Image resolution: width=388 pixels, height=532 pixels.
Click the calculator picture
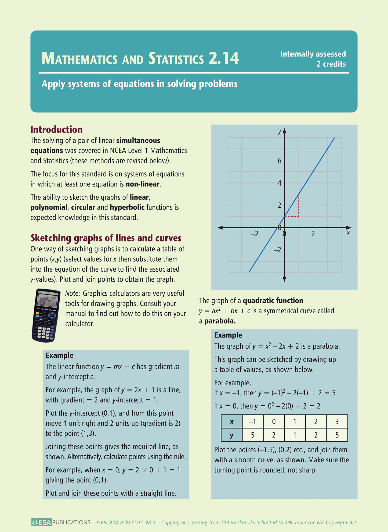(x=46, y=315)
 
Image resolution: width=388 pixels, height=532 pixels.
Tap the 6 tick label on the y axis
(x=280, y=161)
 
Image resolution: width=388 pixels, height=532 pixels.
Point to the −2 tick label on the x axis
(x=254, y=234)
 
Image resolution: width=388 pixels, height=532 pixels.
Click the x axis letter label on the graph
(x=348, y=233)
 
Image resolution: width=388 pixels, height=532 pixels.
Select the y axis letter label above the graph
(x=280, y=131)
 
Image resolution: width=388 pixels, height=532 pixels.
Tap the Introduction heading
(x=56, y=129)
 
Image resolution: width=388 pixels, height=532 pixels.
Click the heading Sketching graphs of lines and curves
(x=106, y=238)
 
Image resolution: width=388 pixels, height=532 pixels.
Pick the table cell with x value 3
(x=337, y=421)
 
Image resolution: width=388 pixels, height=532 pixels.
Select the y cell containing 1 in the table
(x=295, y=435)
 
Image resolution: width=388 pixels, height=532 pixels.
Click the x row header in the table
(x=231, y=422)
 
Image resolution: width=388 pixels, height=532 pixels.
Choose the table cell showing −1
(x=252, y=421)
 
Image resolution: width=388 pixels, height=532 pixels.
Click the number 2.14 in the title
(x=223, y=58)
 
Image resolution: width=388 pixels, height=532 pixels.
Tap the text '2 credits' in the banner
(x=331, y=64)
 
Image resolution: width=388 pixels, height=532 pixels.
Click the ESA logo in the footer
(x=41, y=522)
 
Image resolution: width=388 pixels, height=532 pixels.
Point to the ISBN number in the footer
(x=126, y=523)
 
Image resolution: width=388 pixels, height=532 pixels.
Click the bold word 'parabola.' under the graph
(x=220, y=321)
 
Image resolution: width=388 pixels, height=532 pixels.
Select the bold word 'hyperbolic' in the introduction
(x=127, y=207)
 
